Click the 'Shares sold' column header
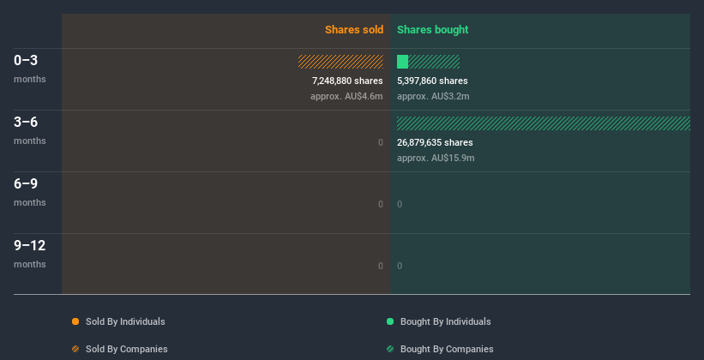click(x=353, y=30)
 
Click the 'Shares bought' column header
click(x=432, y=30)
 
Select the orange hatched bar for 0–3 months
click(x=340, y=62)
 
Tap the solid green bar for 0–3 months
click(x=402, y=62)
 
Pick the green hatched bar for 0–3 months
click(x=434, y=62)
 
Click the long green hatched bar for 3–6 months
click(x=543, y=123)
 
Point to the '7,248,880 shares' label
click(x=347, y=81)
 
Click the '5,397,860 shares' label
click(x=432, y=81)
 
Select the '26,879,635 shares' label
click(x=435, y=142)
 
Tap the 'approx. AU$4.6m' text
click(x=346, y=96)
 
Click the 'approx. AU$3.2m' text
click(x=433, y=96)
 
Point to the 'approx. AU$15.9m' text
click(x=436, y=158)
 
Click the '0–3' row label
click(x=26, y=61)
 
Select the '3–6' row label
click(x=26, y=123)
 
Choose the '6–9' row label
click(x=26, y=184)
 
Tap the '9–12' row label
click(x=29, y=246)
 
